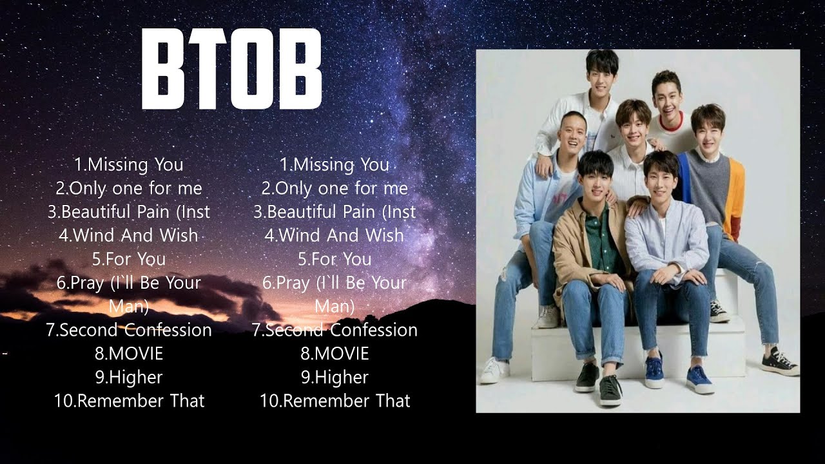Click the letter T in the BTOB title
tap(208, 69)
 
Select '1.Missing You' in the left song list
tap(129, 165)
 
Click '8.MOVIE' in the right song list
tap(335, 354)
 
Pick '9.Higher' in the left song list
tap(129, 378)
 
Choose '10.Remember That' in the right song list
tap(335, 401)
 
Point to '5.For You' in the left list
tap(129, 259)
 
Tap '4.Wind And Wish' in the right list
tap(335, 236)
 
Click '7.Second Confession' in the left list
tap(129, 330)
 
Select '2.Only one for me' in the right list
tap(335, 189)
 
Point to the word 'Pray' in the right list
tap(291, 283)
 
